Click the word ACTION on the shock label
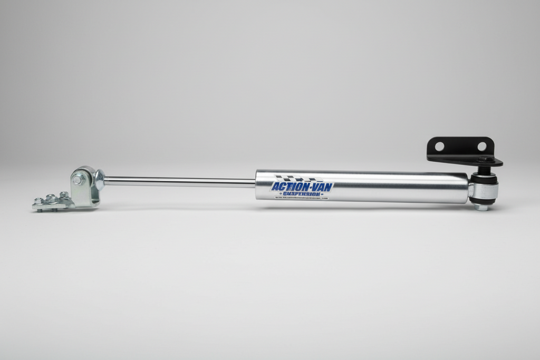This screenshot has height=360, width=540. pos(287,187)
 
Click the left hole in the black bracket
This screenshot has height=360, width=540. pos(439,146)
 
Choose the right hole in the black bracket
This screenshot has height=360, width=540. pos(481,146)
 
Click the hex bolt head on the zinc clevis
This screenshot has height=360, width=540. pos(78,180)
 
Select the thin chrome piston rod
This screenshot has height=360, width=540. pos(179,182)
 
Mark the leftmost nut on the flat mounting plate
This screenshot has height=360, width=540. pos(38,201)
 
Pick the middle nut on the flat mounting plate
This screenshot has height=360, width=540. pos(51,198)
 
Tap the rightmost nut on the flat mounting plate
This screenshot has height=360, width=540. pos(64,195)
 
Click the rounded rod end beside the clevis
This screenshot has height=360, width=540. pos(99,180)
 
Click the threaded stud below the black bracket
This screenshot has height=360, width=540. pos(483,170)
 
